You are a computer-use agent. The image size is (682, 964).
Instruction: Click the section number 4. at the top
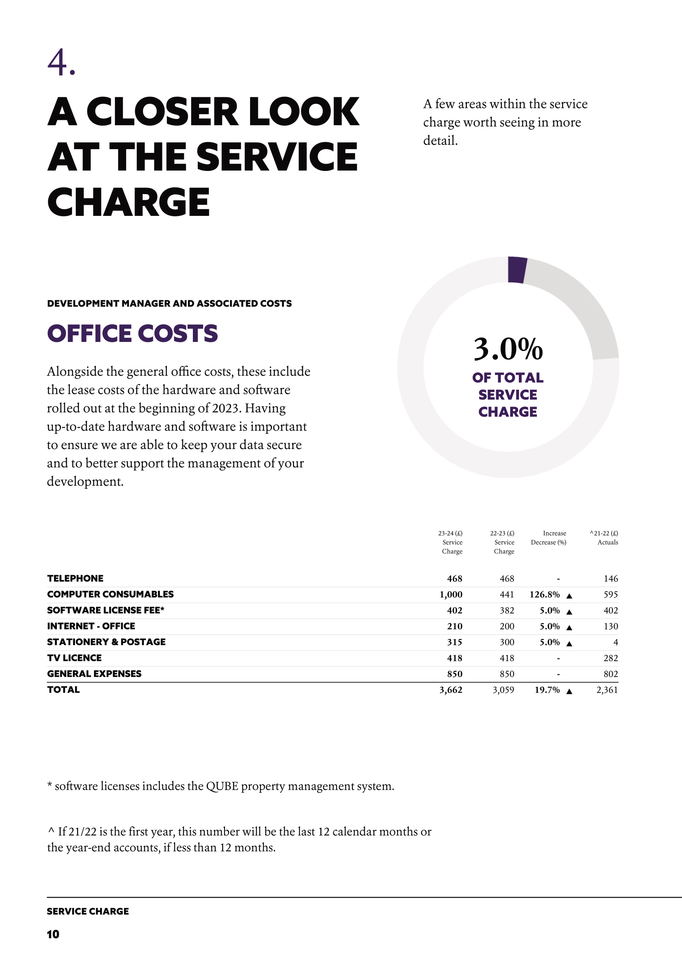tap(61, 62)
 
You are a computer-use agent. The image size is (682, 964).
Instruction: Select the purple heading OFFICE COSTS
tap(132, 333)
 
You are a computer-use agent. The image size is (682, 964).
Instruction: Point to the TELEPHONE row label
tap(75, 578)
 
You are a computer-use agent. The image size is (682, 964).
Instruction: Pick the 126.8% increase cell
tap(545, 594)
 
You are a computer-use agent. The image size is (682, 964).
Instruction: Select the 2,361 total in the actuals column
tap(607, 690)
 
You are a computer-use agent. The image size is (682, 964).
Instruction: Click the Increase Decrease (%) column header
tap(548, 538)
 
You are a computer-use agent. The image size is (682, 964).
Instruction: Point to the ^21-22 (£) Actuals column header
tap(604, 538)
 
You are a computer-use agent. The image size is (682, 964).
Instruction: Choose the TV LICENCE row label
tap(74, 658)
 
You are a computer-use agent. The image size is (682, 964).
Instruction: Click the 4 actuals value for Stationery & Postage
tap(616, 642)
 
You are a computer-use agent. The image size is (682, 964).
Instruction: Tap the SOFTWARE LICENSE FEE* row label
tap(106, 610)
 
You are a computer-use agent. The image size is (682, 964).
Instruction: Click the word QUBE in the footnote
tap(222, 786)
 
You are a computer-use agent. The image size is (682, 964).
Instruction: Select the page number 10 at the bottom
tap(53, 934)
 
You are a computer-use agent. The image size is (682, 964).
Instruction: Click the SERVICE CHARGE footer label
tap(88, 911)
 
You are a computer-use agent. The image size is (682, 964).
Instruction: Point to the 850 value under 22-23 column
tap(507, 674)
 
